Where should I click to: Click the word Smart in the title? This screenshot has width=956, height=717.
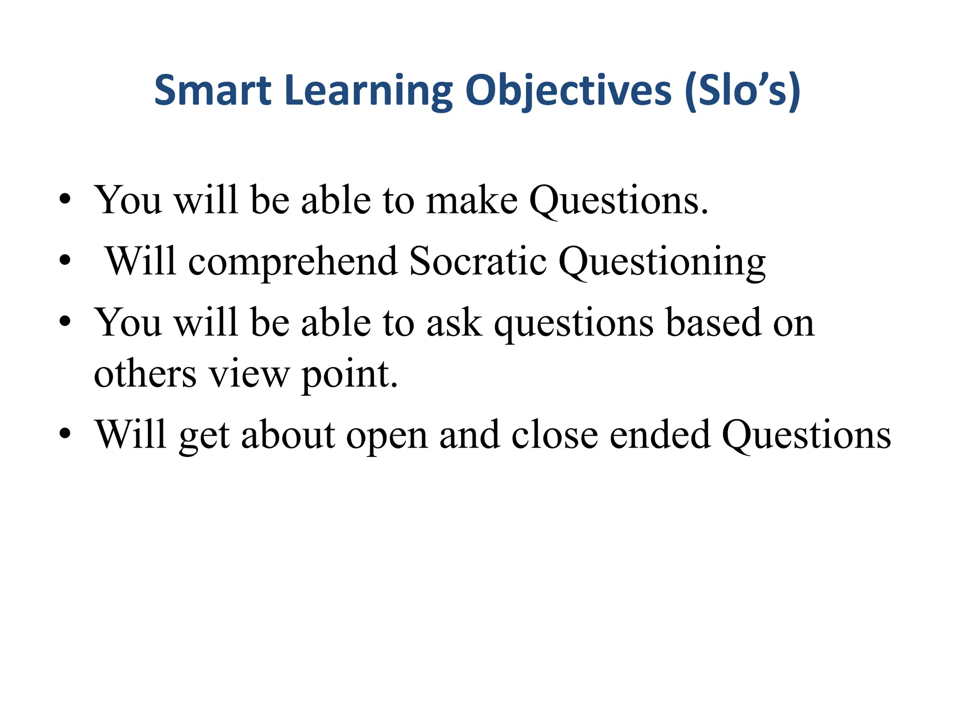(x=212, y=90)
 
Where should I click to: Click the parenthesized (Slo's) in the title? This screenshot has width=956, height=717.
(x=743, y=90)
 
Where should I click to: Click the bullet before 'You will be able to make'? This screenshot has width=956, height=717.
(x=65, y=200)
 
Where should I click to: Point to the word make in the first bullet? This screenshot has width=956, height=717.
(x=471, y=200)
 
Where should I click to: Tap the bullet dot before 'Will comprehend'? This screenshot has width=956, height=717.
(x=65, y=261)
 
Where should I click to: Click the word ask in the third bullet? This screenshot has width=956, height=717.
(x=454, y=323)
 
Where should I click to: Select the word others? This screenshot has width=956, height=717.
(x=145, y=374)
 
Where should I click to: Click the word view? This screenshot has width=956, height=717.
(x=249, y=374)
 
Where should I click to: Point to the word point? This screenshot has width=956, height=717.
(x=350, y=375)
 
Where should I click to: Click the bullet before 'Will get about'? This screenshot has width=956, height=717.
(x=65, y=435)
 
